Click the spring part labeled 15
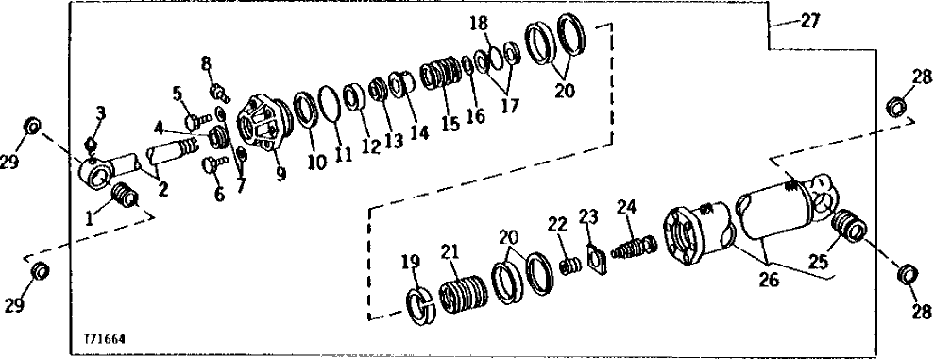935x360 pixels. tap(441, 75)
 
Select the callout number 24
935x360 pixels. tap(628, 206)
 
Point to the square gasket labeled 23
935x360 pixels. tap(593, 259)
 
